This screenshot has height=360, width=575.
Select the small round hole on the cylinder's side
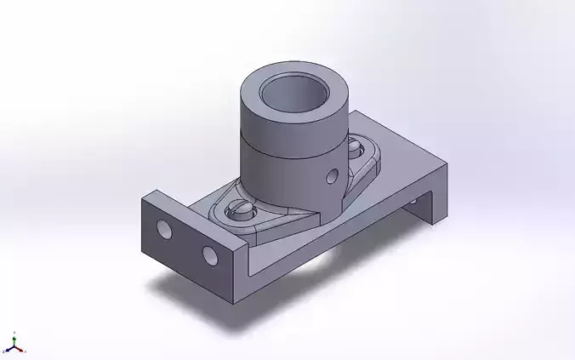click(x=332, y=176)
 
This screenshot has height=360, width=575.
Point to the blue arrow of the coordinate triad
click(x=7, y=350)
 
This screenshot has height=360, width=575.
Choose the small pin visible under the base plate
click(x=414, y=201)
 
